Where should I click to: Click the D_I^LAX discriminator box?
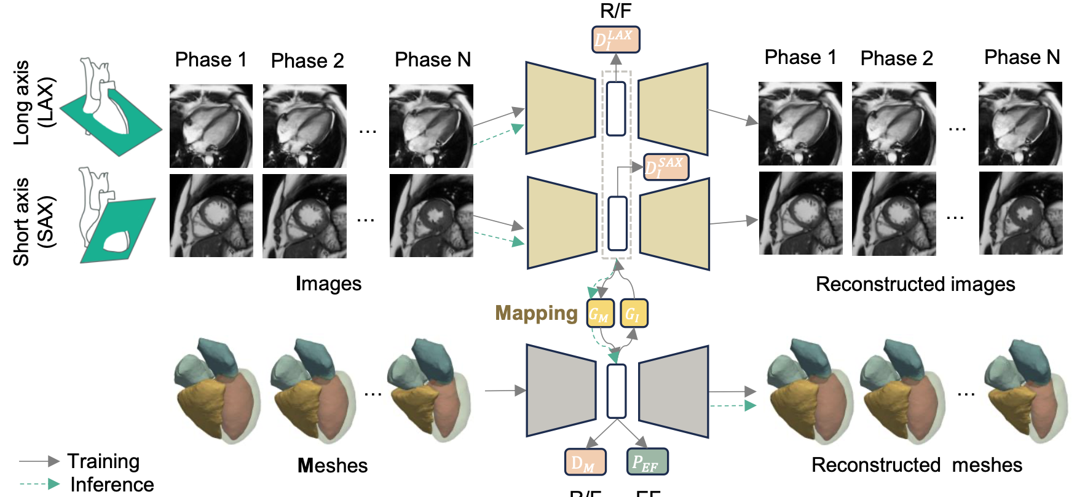(615, 40)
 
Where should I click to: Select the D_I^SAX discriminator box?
(666, 167)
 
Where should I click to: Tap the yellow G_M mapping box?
(600, 314)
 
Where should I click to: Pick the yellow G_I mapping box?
(633, 314)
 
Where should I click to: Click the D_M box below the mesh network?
(585, 462)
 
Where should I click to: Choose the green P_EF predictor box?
(647, 462)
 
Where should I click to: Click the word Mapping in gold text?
(536, 313)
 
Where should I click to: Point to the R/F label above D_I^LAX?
(615, 10)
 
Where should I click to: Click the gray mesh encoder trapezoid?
(561, 391)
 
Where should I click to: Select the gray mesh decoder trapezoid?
(674, 391)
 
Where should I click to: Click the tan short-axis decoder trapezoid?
(674, 224)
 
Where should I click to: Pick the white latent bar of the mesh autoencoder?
(616, 391)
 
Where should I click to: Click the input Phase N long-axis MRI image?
(431, 126)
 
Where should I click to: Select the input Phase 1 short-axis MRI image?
(211, 216)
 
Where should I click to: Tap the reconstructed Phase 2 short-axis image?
(894, 213)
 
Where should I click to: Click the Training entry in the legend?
(103, 461)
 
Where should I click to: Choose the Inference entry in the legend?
(112, 485)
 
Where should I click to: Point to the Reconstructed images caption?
(915, 284)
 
